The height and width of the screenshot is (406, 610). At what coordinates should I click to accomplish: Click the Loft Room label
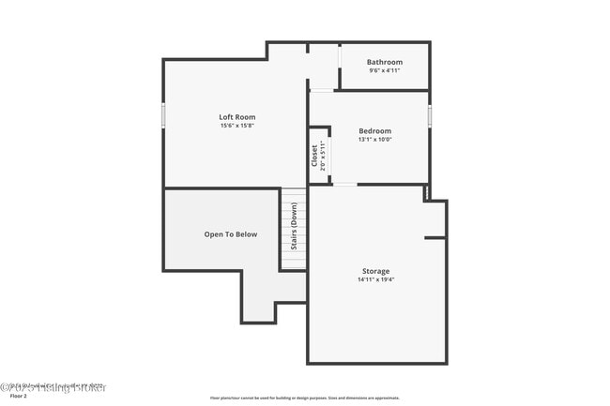[236, 117]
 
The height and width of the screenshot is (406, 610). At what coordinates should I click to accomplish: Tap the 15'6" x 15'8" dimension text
[236, 126]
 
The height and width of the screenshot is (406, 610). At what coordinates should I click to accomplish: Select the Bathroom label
[384, 63]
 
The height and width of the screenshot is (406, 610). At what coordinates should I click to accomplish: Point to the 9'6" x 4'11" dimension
[384, 71]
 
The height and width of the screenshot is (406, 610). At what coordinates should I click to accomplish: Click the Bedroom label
[374, 130]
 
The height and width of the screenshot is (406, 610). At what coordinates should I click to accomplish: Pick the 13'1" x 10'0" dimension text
[374, 139]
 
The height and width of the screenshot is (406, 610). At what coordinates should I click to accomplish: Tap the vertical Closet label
[314, 154]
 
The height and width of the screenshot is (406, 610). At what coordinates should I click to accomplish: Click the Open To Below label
[230, 234]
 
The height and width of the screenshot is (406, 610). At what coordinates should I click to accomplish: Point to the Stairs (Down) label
[294, 228]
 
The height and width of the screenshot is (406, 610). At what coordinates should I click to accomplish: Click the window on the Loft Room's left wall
[163, 114]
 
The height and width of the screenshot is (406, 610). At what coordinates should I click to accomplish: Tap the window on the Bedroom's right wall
[430, 114]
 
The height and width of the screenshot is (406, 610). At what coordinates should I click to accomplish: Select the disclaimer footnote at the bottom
[305, 398]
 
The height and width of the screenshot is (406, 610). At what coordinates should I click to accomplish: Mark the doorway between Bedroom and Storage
[344, 185]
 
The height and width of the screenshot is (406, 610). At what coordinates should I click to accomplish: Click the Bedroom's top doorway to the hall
[322, 90]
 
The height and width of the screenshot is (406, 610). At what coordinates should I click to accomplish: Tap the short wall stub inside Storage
[435, 238]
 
